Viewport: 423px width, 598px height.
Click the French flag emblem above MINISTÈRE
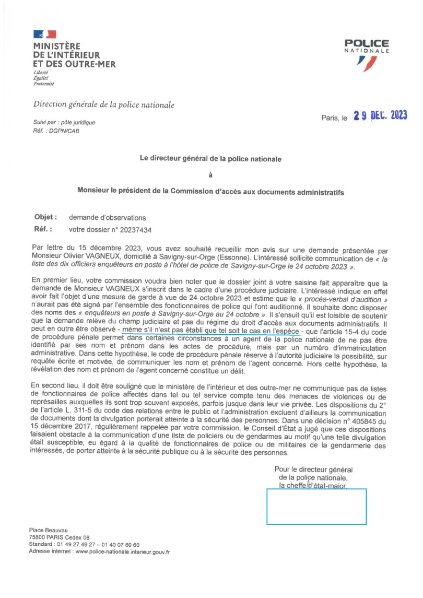pyautogui.click(x=44, y=34)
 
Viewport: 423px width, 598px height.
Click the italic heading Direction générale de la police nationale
pyautogui.click(x=104, y=105)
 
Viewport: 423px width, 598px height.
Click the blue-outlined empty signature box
pyautogui.click(x=316, y=506)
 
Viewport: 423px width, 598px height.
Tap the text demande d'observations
pyautogui.click(x=108, y=217)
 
